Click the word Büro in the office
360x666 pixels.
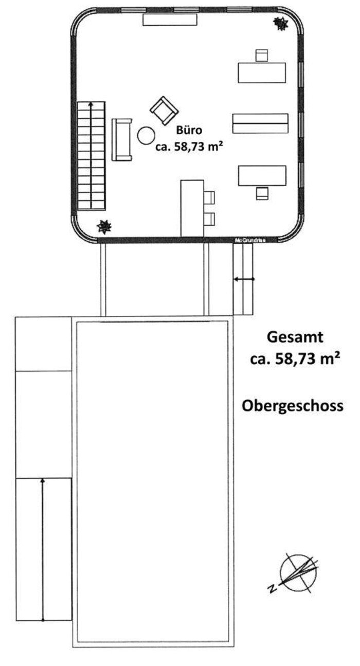(x=189, y=130)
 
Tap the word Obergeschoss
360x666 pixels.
(x=293, y=406)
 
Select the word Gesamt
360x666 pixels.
(x=295, y=337)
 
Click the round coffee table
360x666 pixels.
(x=146, y=136)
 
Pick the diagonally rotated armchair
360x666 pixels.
(x=164, y=111)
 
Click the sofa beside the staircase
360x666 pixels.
(x=122, y=140)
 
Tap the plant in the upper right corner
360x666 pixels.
(x=281, y=23)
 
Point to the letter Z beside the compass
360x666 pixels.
(x=272, y=588)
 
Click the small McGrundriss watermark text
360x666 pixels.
(x=250, y=240)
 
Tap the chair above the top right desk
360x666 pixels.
(x=262, y=56)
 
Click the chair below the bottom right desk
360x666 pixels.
(x=262, y=193)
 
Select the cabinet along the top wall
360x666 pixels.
(x=170, y=20)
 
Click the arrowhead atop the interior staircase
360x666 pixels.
(x=91, y=104)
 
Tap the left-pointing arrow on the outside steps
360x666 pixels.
(x=244, y=279)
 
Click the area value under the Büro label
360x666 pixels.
(x=189, y=147)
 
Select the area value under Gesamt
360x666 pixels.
(x=295, y=359)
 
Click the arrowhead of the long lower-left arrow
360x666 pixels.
(x=43, y=480)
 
